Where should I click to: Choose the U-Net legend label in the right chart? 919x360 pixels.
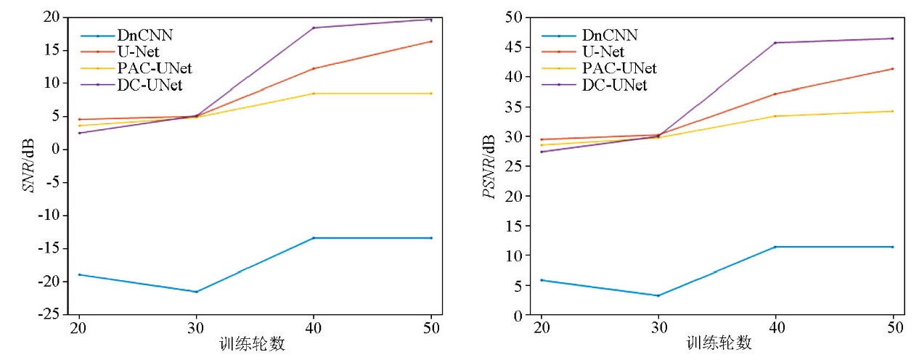coord(603,52)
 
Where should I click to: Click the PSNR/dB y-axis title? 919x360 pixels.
coord(491,165)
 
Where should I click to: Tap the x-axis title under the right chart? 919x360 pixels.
coord(718,343)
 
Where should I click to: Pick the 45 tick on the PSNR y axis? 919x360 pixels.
coord(516,46)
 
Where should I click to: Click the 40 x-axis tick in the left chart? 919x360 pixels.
coord(313,327)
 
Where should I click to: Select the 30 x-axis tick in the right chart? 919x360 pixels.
coord(658,327)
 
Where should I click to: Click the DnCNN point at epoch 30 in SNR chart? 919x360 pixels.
coord(196,292)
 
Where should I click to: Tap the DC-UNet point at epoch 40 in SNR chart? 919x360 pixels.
coord(314,28)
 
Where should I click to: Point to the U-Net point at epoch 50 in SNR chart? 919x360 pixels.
coord(431,41)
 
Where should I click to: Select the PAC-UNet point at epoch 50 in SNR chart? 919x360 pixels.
coord(431,93)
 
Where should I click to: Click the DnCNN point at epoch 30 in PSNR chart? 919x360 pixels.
coord(658,295)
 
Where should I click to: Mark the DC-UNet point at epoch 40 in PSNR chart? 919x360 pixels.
coord(775,43)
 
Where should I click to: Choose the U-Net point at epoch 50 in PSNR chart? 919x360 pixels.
coord(892,69)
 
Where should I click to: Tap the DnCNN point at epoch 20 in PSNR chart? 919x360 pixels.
coord(541,280)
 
